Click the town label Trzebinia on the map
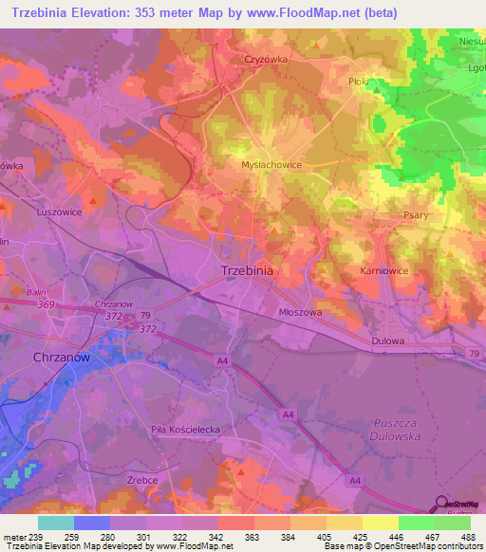[x=247, y=270]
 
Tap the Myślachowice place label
[x=271, y=164]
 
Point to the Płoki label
[x=358, y=82]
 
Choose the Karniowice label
[x=383, y=270]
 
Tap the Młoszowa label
[x=300, y=311]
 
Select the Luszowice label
[x=59, y=212]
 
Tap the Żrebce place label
[x=142, y=481]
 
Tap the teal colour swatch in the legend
[x=56, y=523]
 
